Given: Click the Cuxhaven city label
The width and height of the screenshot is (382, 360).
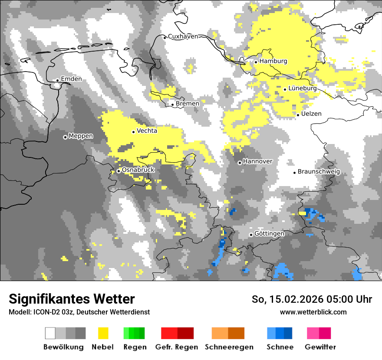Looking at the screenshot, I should [183, 36].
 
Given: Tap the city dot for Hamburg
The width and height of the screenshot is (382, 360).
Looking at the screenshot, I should [256, 62].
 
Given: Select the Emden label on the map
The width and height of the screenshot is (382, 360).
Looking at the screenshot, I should [71, 79].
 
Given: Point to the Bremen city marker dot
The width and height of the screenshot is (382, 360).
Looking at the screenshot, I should [172, 105].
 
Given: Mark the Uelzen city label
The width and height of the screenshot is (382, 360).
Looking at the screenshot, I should [312, 114].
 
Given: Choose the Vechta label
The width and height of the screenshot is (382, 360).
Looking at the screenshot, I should [147, 131].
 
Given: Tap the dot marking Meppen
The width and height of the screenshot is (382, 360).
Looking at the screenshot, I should [65, 137].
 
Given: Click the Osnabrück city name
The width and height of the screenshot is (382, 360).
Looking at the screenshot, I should [138, 170].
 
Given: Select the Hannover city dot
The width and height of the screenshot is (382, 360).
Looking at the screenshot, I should [240, 163].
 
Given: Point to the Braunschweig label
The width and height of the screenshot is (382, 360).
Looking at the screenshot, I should [319, 172].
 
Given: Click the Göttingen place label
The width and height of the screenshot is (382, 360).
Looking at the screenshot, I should [269, 233].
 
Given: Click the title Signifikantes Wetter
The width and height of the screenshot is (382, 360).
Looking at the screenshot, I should [72, 299].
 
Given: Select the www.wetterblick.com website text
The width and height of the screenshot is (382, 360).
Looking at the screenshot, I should [313, 312].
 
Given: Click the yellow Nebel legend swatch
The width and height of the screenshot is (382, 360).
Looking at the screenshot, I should [103, 333].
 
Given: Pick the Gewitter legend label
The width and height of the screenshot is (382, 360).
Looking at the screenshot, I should [320, 347].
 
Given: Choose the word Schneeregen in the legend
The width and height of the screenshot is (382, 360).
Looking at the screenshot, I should [229, 347].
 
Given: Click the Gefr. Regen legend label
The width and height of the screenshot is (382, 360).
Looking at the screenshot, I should [177, 347].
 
